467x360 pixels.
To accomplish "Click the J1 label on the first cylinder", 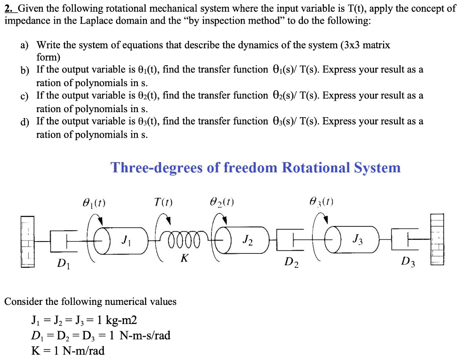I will pos(126,239).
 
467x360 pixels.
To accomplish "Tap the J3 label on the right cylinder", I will pos(358,238).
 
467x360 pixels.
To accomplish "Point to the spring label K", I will pos(184,258).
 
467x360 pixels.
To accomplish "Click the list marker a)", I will pos(24,46).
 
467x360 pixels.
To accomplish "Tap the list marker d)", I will pos(24,122).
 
